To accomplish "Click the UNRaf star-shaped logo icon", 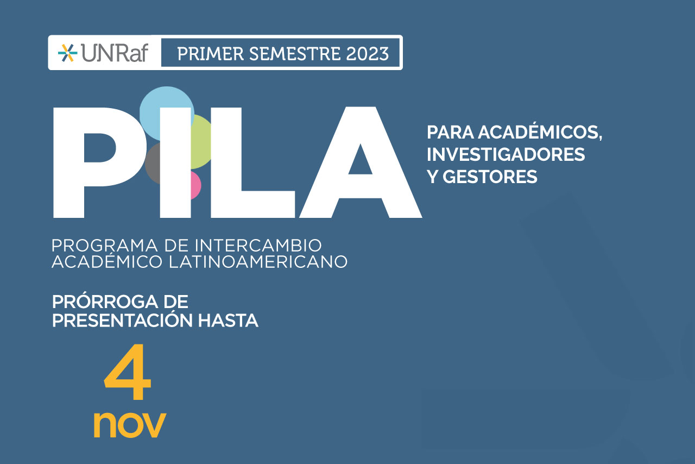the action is (x=68, y=53).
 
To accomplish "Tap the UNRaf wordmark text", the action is (x=115, y=53).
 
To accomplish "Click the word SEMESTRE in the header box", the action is (x=295, y=54).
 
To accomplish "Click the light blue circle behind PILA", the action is (x=167, y=114).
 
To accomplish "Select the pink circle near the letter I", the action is (x=195, y=185).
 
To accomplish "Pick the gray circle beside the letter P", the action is (x=153, y=163).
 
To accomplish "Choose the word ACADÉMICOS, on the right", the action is (x=540, y=133).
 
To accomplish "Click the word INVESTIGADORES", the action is (x=506, y=154).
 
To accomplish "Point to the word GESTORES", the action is (x=490, y=177).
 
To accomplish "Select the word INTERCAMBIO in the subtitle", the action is (x=258, y=246).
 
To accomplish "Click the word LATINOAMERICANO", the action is (x=258, y=261).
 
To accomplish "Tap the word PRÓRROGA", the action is (x=105, y=302).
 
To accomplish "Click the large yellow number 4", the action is (x=128, y=372).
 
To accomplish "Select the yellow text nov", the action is (x=130, y=425).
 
